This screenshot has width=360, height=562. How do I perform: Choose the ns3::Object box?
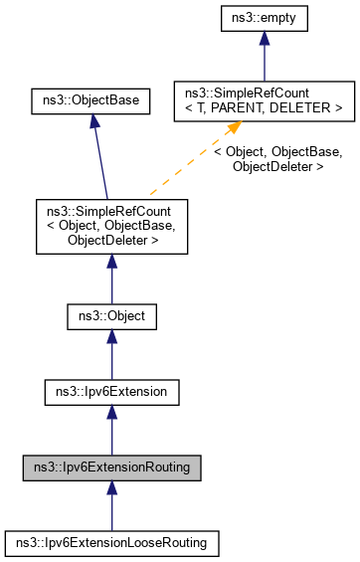[111, 318]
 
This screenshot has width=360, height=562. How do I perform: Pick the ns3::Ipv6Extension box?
[111, 393]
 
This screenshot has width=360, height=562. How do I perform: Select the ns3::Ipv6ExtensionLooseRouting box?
[111, 542]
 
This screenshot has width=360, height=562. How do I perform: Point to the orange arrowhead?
[236, 128]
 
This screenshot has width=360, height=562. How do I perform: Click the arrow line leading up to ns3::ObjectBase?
[100, 159]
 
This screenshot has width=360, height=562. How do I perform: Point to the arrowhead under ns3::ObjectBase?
[92, 120]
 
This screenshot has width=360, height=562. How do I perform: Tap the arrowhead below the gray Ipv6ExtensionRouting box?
[111, 488]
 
